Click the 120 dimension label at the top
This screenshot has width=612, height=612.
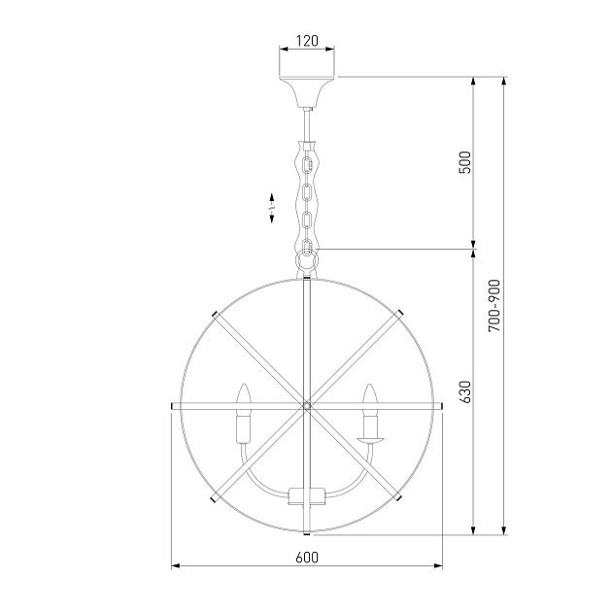[307, 41]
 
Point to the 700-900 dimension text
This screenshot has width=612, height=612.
[493, 306]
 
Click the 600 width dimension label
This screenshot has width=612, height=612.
[307, 558]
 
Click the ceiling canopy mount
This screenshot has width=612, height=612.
[307, 92]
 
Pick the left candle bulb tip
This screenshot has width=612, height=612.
[244, 384]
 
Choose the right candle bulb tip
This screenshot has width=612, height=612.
[369, 385]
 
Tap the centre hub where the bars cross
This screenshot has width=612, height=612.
[307, 406]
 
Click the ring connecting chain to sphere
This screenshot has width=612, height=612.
[307, 260]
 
